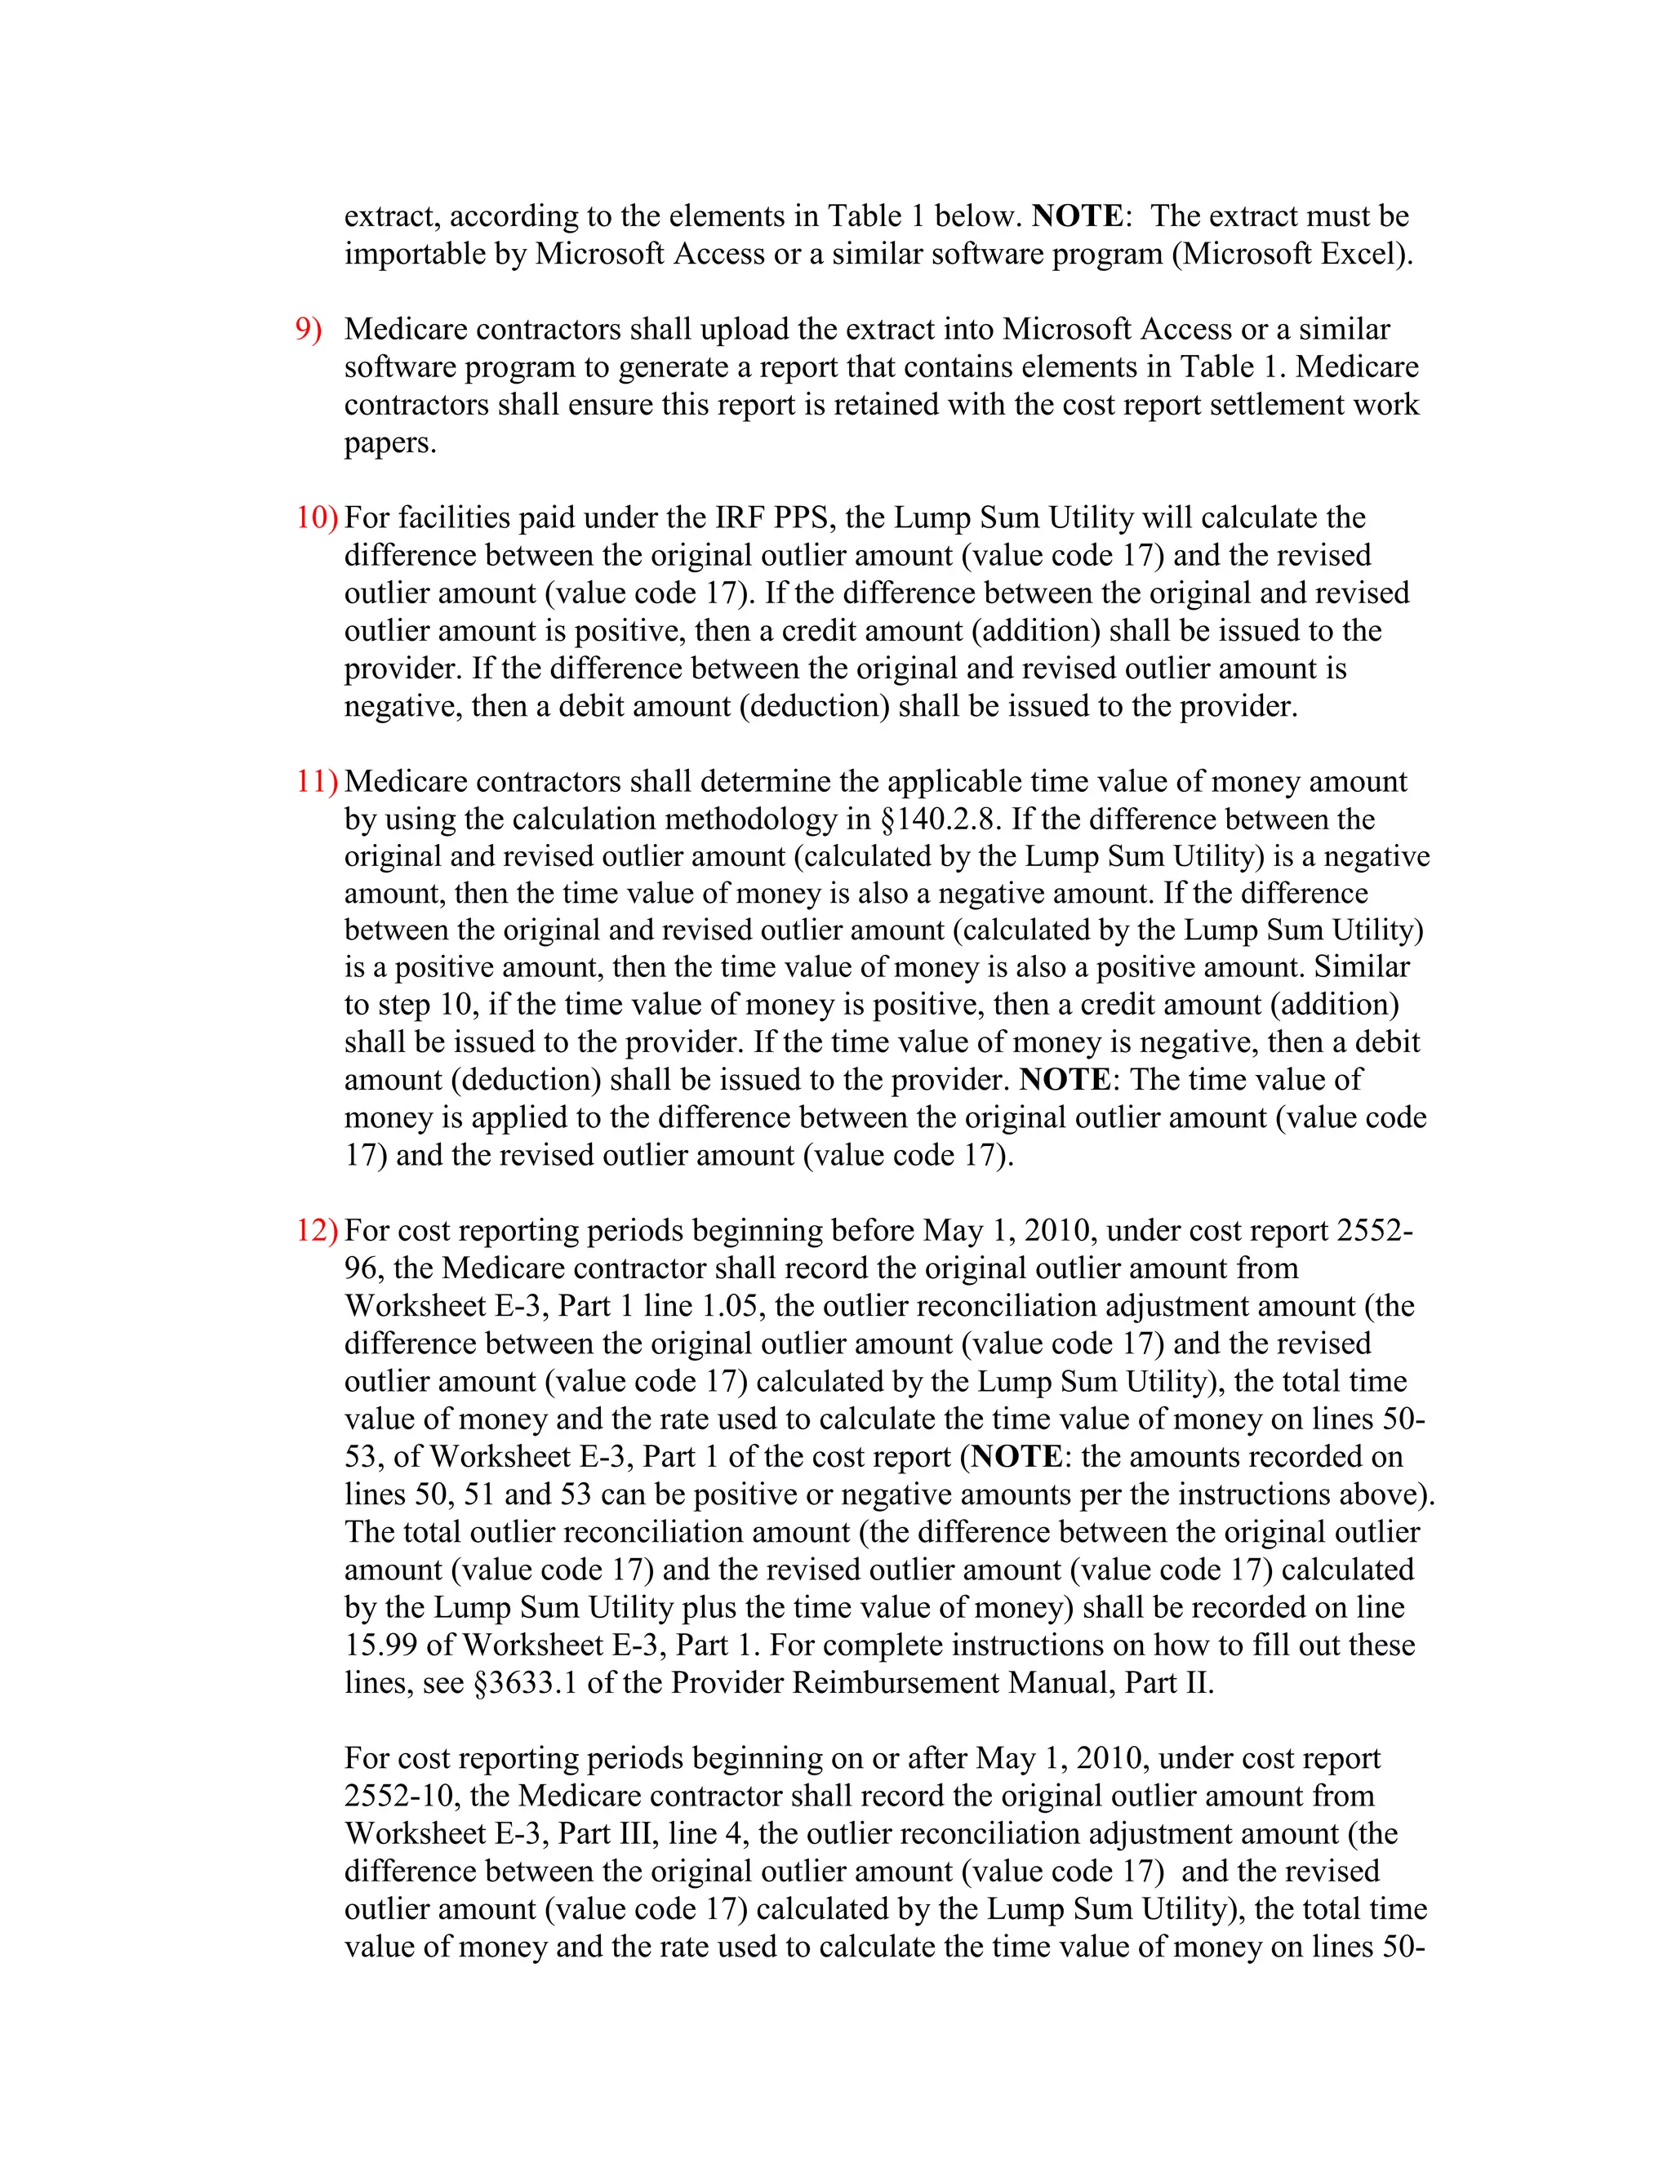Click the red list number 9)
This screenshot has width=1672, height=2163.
(x=308, y=330)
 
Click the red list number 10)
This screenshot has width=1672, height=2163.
(x=316, y=518)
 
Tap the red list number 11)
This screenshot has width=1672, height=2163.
(x=316, y=781)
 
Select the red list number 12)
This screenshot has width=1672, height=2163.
(x=316, y=1231)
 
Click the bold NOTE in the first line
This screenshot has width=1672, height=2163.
(x=1078, y=216)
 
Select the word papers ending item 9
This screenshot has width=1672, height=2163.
(x=390, y=442)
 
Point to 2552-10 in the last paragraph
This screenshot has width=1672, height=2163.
(x=402, y=1796)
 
